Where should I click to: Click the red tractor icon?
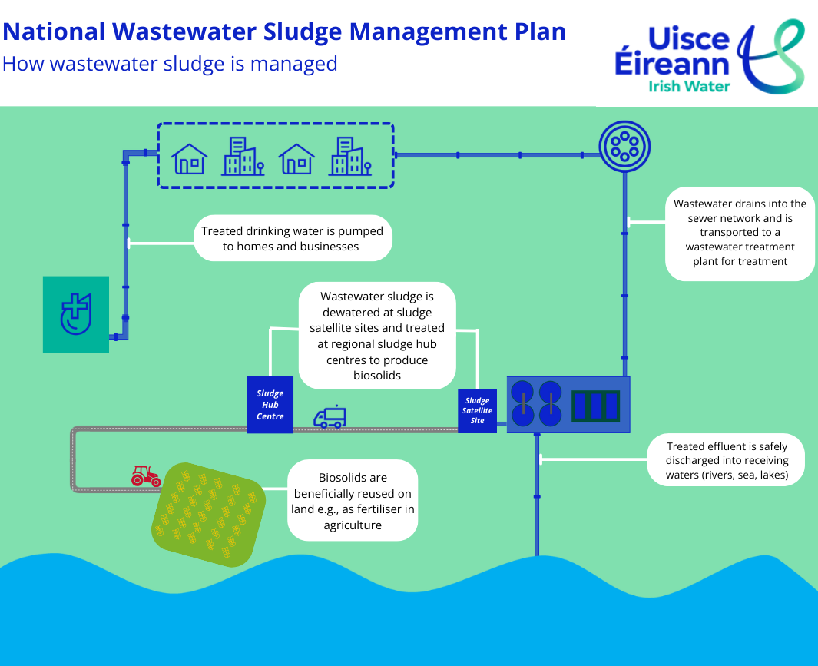pyautogui.click(x=145, y=476)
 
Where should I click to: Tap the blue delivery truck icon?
pyautogui.click(x=330, y=417)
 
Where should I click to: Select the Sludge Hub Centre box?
pyautogui.click(x=270, y=405)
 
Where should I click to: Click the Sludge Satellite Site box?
pyautogui.click(x=477, y=411)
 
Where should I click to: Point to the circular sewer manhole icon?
pyautogui.click(x=624, y=145)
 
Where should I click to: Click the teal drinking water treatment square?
pyautogui.click(x=75, y=314)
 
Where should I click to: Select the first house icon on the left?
pyautogui.click(x=190, y=159)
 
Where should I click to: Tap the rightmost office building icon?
pyautogui.click(x=349, y=157)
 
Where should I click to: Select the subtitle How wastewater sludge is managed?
pyautogui.click(x=170, y=63)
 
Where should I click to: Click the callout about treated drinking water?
pyautogui.click(x=292, y=238)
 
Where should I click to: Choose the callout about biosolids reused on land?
pyautogui.click(x=353, y=502)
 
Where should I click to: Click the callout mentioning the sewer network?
pyautogui.click(x=740, y=233)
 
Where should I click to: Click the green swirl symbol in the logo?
pyautogui.click(x=772, y=55)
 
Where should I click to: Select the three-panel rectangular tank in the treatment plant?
pyautogui.click(x=596, y=405)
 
